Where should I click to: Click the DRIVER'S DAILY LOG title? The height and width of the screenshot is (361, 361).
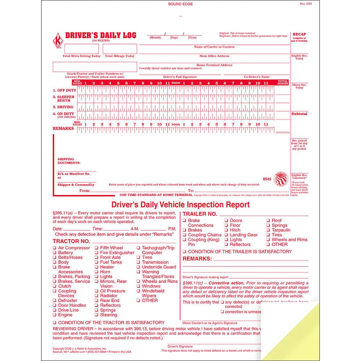coord(101,35)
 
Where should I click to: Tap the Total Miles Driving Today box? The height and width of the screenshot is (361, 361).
coord(76,49)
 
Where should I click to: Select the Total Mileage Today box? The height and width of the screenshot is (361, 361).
coord(121,49)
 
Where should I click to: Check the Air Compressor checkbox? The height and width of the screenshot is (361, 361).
coord(55,248)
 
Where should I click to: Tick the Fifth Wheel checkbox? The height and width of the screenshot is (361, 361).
coord(97,248)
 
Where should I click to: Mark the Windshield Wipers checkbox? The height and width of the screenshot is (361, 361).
coord(139,291)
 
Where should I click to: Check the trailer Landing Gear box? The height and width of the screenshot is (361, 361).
coord(226,235)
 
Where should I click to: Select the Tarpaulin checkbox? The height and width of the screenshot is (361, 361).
coord(268,230)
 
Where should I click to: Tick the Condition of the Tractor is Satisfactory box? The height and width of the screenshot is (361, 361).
coord(55,323)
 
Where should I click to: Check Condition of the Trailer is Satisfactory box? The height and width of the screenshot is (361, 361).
coord(184,252)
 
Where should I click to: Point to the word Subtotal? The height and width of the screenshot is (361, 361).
coord(299,114)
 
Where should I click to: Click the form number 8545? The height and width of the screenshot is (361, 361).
coord(268,179)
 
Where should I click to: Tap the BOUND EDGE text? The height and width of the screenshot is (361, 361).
coord(180,4)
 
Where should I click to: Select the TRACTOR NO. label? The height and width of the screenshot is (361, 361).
coord(71,241)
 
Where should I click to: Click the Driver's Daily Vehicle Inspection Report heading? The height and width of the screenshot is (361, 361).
coord(180,205)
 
